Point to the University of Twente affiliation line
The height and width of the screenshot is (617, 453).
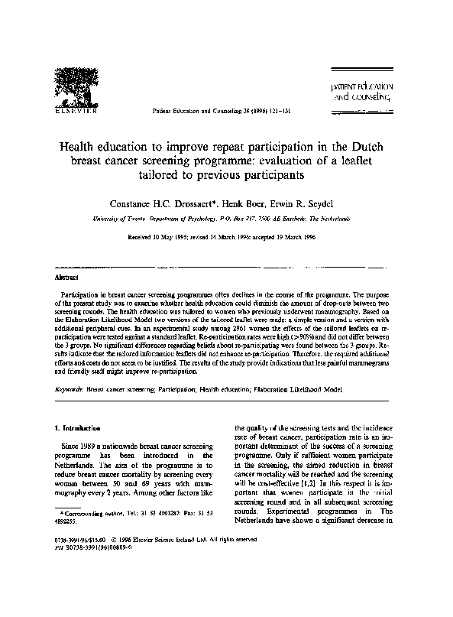coord(227,218)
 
